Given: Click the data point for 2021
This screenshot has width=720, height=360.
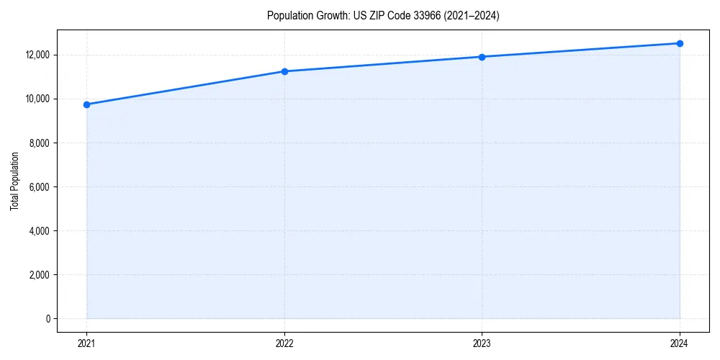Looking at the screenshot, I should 86,104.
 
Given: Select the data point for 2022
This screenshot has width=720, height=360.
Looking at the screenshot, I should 284,71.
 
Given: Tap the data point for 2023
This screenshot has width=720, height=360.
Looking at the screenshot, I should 482,57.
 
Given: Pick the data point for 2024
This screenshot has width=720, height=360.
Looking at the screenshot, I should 680,43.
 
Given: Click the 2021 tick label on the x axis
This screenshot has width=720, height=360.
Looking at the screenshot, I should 86,343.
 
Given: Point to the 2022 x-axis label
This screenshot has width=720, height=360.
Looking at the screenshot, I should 284,343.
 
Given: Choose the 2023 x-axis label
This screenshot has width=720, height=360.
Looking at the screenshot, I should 482,343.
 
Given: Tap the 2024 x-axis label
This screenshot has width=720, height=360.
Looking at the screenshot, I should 680,343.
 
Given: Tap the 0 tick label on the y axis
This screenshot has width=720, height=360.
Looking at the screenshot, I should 48,319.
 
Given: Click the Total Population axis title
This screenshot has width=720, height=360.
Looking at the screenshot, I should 14,181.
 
